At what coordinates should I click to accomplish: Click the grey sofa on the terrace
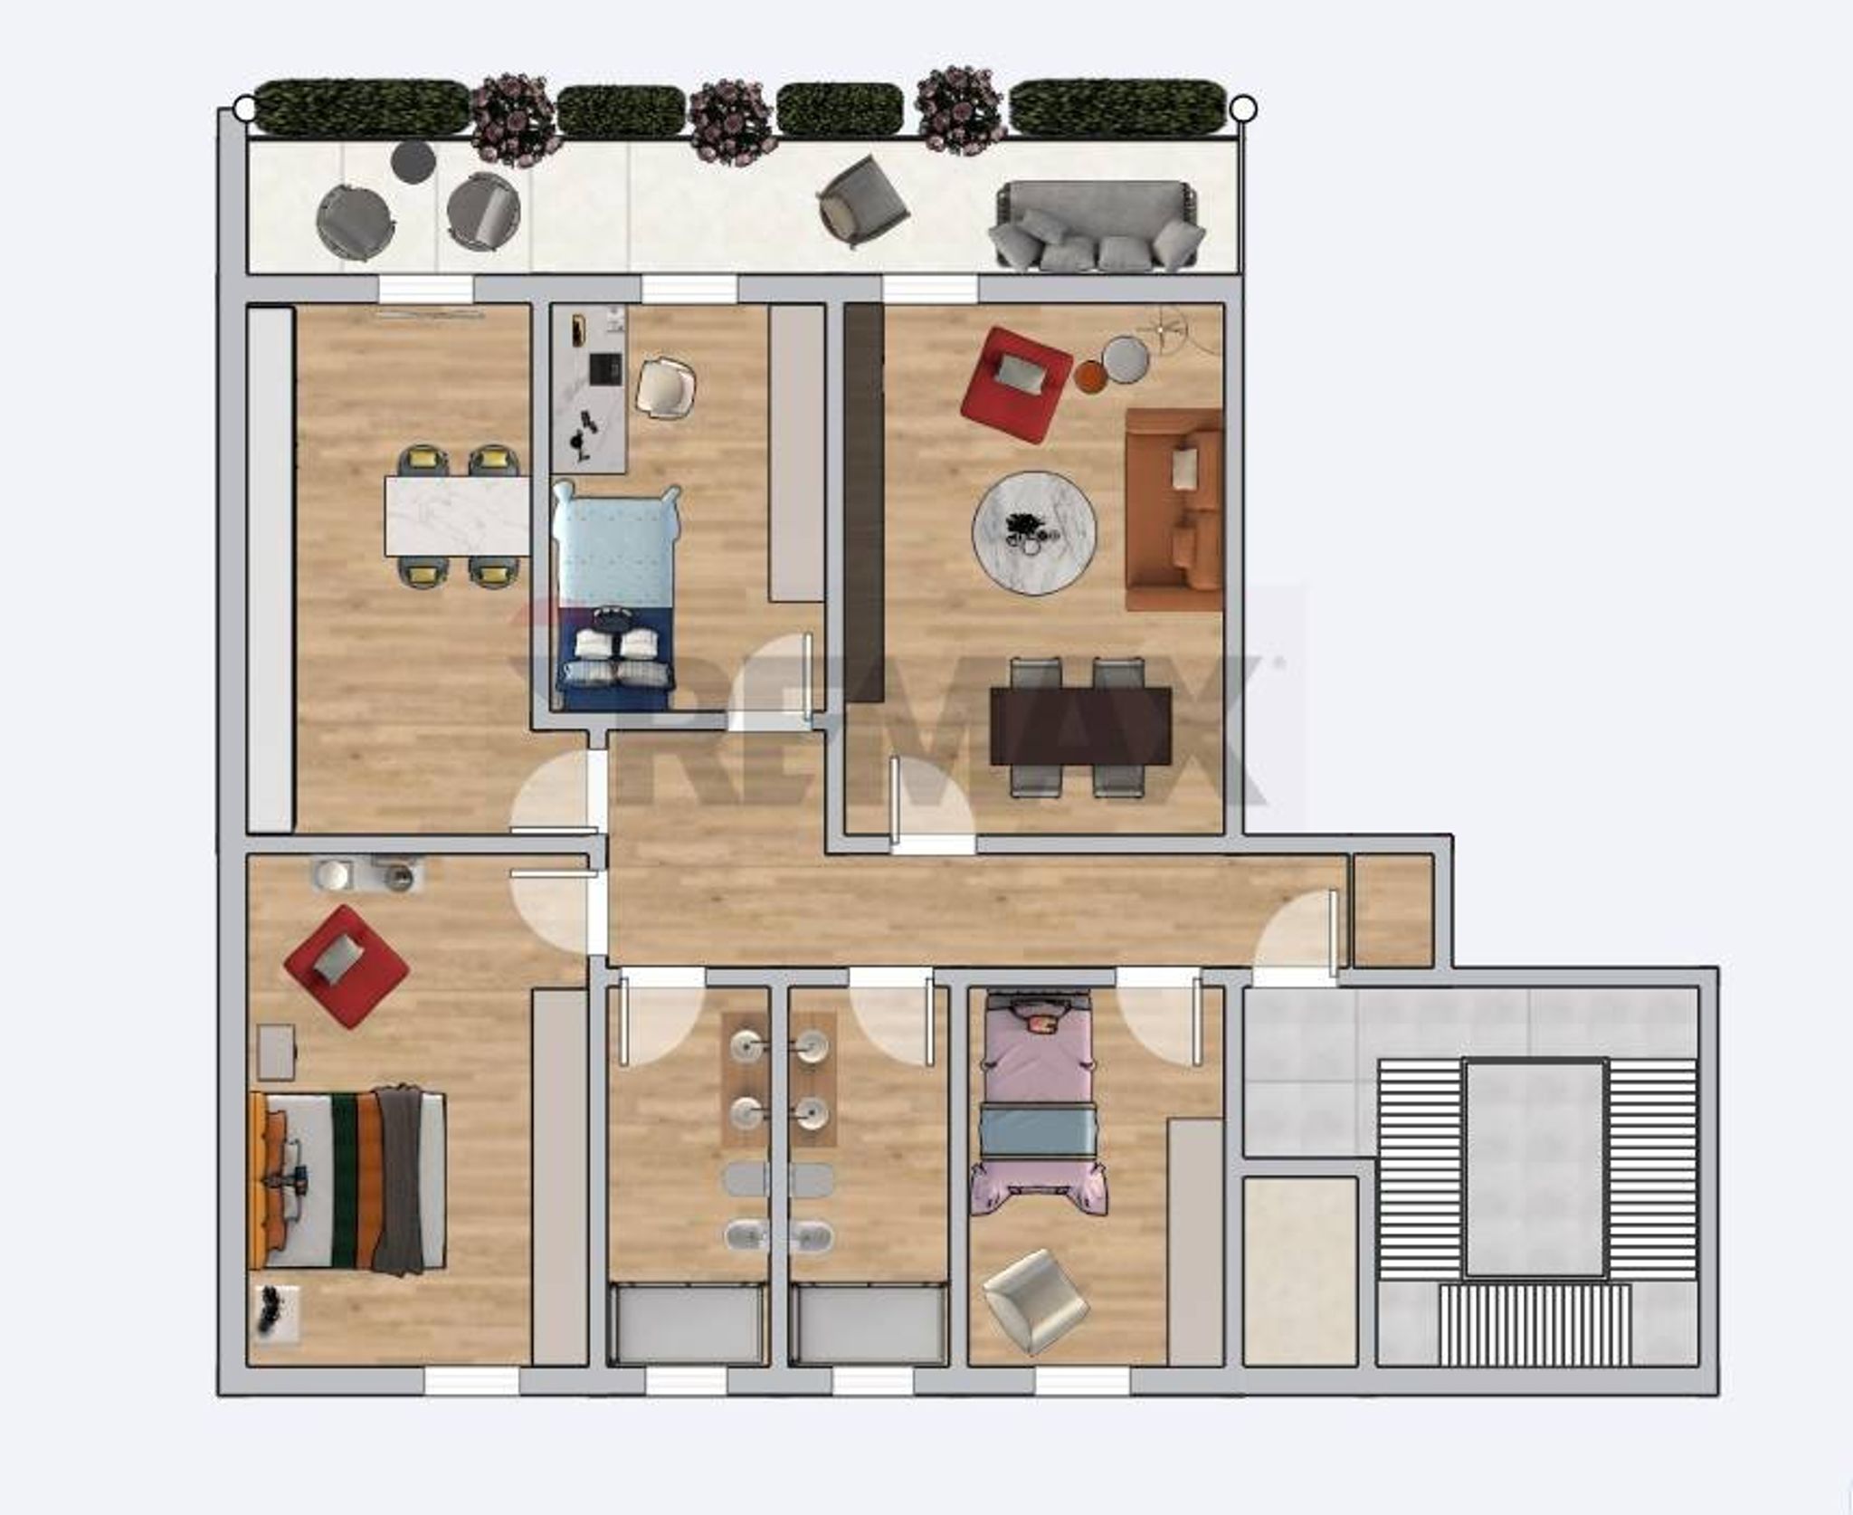pyautogui.click(x=1097, y=225)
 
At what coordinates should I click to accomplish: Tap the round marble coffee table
pyautogui.click(x=1034, y=532)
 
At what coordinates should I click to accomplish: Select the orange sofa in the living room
pyautogui.click(x=1174, y=510)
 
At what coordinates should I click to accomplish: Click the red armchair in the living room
pyautogui.click(x=1014, y=386)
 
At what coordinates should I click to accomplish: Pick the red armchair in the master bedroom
pyautogui.click(x=346, y=966)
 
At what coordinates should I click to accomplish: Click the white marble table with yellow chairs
pyautogui.click(x=457, y=516)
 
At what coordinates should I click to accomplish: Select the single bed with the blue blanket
pyautogui.click(x=615, y=597)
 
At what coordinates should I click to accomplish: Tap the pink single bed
pyautogui.click(x=1039, y=1102)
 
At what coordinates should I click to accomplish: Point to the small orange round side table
pyautogui.click(x=1090, y=376)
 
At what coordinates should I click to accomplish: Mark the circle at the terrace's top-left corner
pyautogui.click(x=244, y=109)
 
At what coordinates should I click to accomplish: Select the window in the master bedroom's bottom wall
pyautogui.click(x=471, y=1381)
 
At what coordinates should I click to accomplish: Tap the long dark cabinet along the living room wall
pyautogui.click(x=864, y=503)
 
